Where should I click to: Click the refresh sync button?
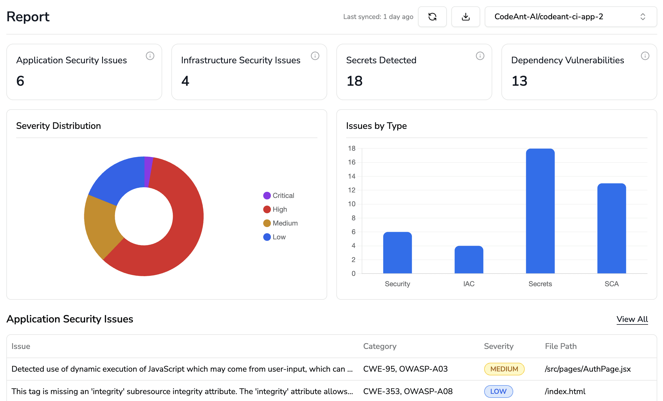[x=432, y=17]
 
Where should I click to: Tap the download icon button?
[x=465, y=17]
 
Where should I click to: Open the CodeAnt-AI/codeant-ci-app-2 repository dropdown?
[x=570, y=17]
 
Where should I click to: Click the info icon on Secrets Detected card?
[x=480, y=56]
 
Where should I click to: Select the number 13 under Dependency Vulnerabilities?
[x=519, y=81]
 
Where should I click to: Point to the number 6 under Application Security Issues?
[x=20, y=81]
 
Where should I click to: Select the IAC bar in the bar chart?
[x=469, y=259]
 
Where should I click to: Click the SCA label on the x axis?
[x=611, y=284]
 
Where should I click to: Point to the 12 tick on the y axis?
[x=352, y=190]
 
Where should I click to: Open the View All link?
[x=632, y=319]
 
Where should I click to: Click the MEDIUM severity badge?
[x=504, y=369]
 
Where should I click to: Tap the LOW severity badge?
[x=498, y=392]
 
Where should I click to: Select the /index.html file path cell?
[x=565, y=392]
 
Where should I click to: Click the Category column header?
[x=380, y=346]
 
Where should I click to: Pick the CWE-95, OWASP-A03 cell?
[x=405, y=369]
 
